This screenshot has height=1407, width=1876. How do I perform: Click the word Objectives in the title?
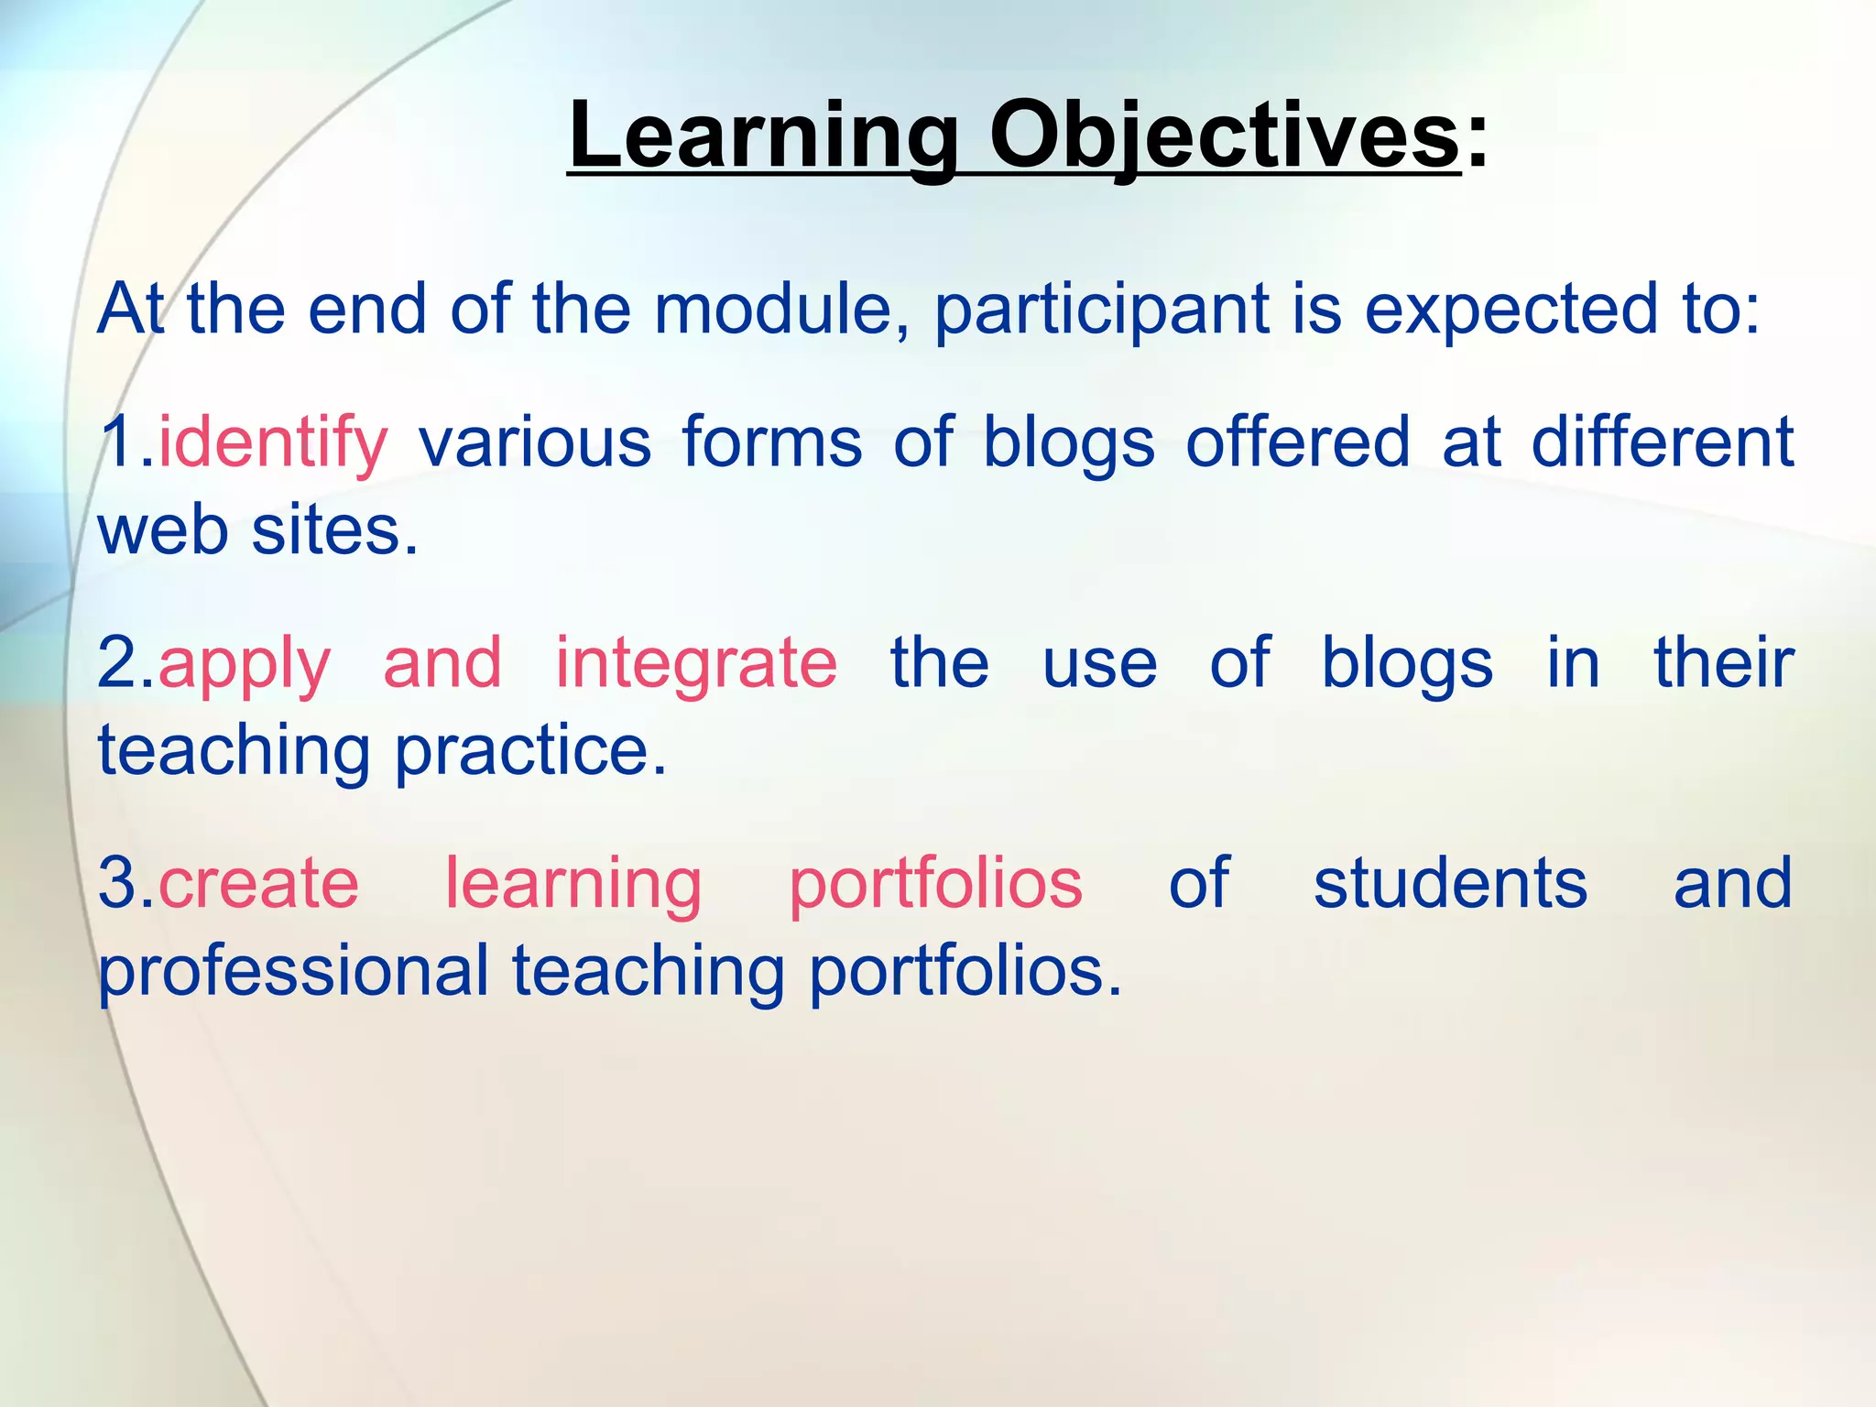coord(1225,137)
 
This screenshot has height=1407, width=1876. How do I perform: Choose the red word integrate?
coord(696,665)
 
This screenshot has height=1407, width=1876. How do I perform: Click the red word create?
coord(258,884)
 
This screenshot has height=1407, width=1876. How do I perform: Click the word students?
coord(1450,884)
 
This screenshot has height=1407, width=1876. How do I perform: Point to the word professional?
coord(293,973)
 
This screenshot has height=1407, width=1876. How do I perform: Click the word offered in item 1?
coord(1297,442)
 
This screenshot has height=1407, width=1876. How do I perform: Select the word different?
coord(1662,442)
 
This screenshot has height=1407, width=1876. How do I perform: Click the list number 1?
coord(116,442)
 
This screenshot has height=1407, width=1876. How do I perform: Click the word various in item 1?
coord(535,442)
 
